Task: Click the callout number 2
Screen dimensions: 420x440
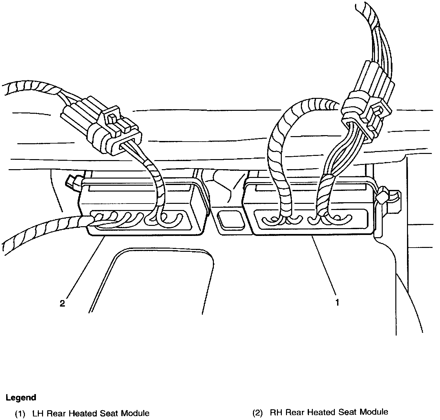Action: coord(62,303)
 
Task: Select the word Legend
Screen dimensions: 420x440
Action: coord(21,397)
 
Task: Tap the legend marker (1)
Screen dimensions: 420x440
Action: coord(20,413)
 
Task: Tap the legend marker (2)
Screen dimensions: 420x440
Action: coord(257,413)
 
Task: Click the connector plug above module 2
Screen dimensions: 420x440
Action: coord(100,130)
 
